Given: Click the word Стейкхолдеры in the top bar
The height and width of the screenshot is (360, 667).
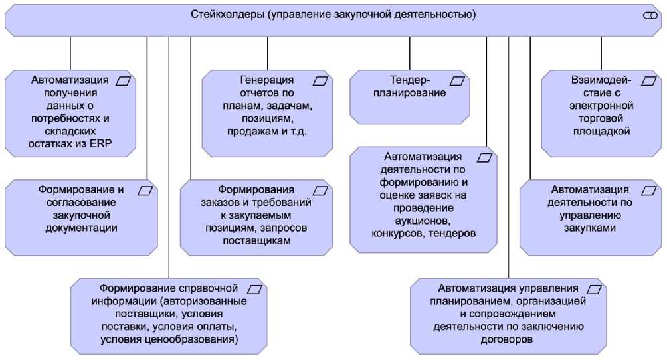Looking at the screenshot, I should (225, 14).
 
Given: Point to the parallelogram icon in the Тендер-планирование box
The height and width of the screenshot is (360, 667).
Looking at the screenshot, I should (458, 81).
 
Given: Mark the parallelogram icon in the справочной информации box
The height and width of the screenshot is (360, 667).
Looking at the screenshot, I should (255, 290).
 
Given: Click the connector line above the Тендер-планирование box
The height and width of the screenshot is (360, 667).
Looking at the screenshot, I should (410, 52).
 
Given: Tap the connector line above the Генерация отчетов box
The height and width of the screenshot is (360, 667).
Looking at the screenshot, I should (268, 52).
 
